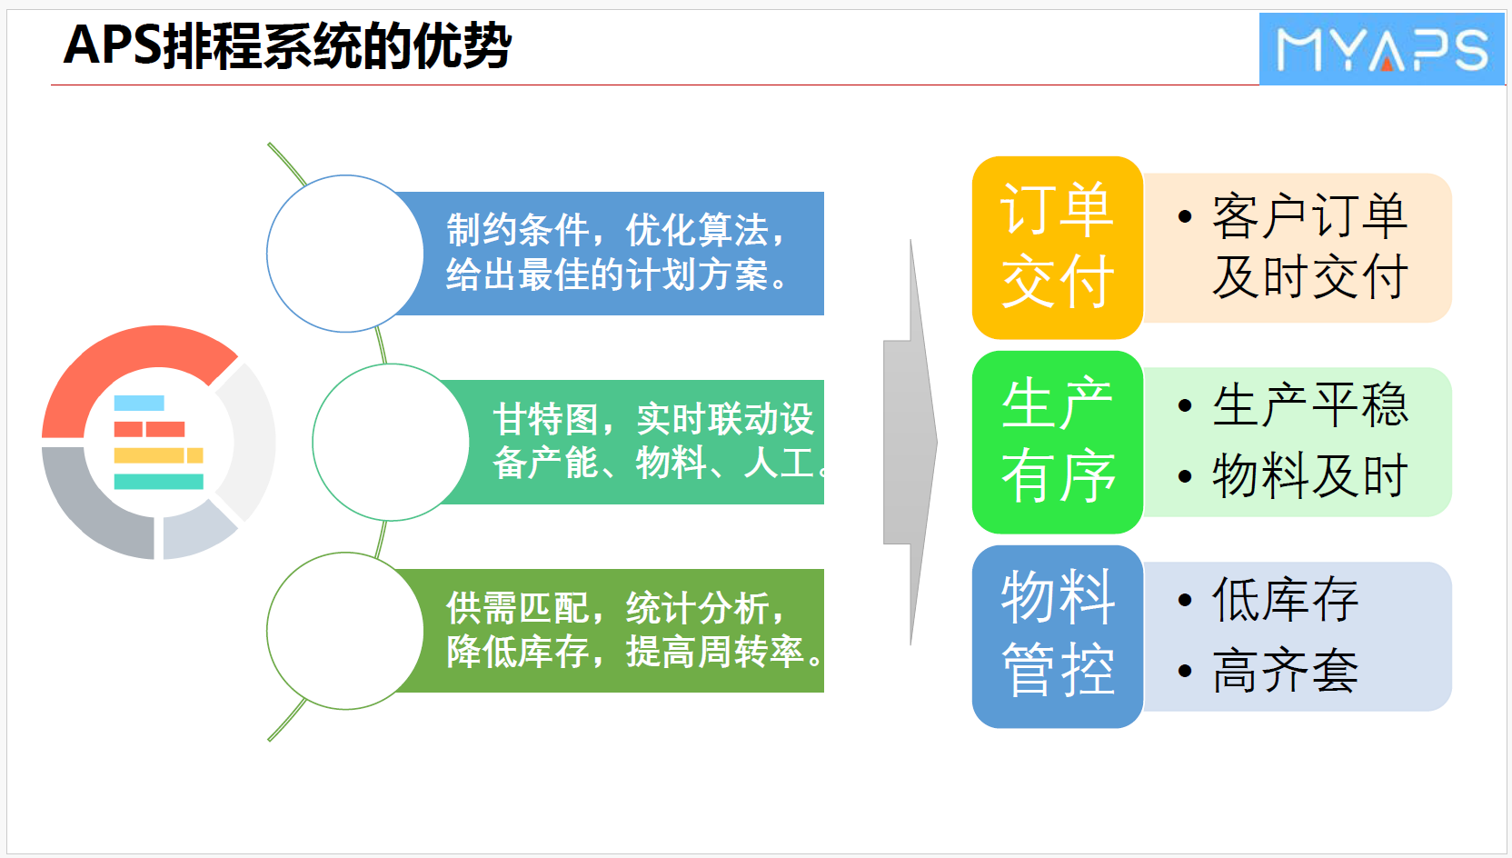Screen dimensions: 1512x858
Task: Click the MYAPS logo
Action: pos(1382,48)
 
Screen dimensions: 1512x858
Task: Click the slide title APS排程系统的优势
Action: pos(287,46)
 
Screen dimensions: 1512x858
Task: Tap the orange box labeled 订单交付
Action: pos(1057,247)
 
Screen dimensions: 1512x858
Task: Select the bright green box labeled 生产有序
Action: pos(1057,442)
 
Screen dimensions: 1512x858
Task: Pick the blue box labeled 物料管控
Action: pos(1057,636)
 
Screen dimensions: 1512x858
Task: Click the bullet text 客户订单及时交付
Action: pos(1309,247)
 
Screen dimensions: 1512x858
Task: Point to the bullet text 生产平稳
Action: pos(1309,405)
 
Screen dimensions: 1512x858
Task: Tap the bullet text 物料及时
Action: pos(1309,476)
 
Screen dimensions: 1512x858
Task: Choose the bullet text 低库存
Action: pos(1285,600)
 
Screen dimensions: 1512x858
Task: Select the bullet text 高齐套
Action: pos(1285,671)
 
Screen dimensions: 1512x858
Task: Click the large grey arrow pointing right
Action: pos(910,442)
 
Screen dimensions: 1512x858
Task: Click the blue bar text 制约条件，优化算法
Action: pos(615,230)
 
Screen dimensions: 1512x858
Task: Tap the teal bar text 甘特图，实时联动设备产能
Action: pos(658,441)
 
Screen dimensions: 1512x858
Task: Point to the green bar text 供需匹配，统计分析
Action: pos(615,608)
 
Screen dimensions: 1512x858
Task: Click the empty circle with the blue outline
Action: pos(345,254)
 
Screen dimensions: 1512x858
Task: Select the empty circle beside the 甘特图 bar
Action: pos(391,442)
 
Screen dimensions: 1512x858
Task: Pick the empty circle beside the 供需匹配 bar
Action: pos(345,631)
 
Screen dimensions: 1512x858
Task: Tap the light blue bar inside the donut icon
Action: pos(139,403)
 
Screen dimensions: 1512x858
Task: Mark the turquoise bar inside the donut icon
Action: pos(159,482)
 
